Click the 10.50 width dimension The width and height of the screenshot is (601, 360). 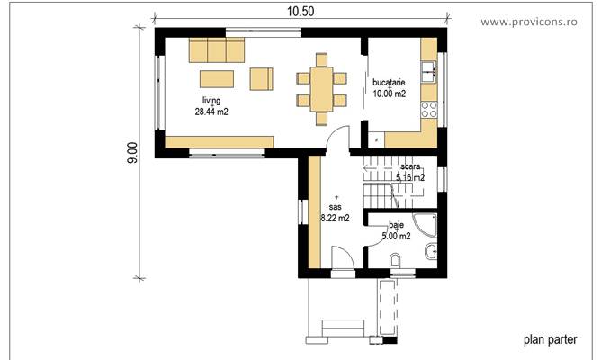coord(300,11)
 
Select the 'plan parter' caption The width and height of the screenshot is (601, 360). coord(550,340)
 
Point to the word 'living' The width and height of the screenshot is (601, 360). coord(211,101)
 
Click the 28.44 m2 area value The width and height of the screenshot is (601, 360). coord(211,112)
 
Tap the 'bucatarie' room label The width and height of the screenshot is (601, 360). coord(390,82)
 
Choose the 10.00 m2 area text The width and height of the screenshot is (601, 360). coord(390,94)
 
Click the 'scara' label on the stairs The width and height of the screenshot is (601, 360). coord(411,167)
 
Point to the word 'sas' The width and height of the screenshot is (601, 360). coord(336,206)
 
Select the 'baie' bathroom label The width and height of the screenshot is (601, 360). coord(396,225)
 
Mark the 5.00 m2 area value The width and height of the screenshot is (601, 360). coord(396,237)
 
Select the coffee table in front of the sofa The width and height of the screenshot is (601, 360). coord(217,78)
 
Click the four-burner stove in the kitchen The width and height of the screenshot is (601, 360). coord(429,110)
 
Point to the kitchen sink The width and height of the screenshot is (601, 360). coord(429,67)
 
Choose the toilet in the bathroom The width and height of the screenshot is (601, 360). coord(397,262)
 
